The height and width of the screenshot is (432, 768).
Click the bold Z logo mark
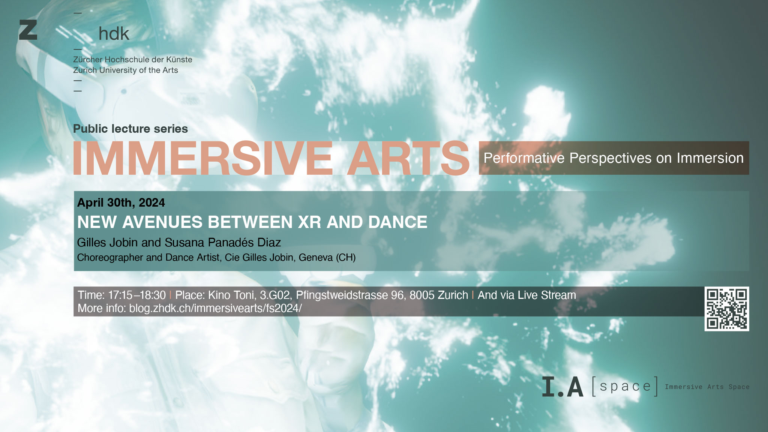(28, 30)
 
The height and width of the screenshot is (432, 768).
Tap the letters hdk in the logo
(114, 34)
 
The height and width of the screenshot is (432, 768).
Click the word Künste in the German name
(179, 59)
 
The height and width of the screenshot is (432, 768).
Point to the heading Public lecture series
(130, 129)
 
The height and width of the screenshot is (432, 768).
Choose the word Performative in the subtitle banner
(524, 158)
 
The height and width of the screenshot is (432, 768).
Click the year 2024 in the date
(151, 202)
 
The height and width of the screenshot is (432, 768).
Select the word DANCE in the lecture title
(398, 222)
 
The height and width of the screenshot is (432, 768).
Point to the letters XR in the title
(310, 222)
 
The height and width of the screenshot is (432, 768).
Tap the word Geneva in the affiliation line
(316, 257)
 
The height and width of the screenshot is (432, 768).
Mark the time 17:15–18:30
(137, 295)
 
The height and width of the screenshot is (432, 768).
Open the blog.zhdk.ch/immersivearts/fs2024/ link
(215, 308)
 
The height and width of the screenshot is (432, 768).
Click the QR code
(727, 309)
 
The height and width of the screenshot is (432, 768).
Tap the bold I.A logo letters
(563, 387)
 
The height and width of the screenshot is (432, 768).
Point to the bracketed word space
(625, 386)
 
